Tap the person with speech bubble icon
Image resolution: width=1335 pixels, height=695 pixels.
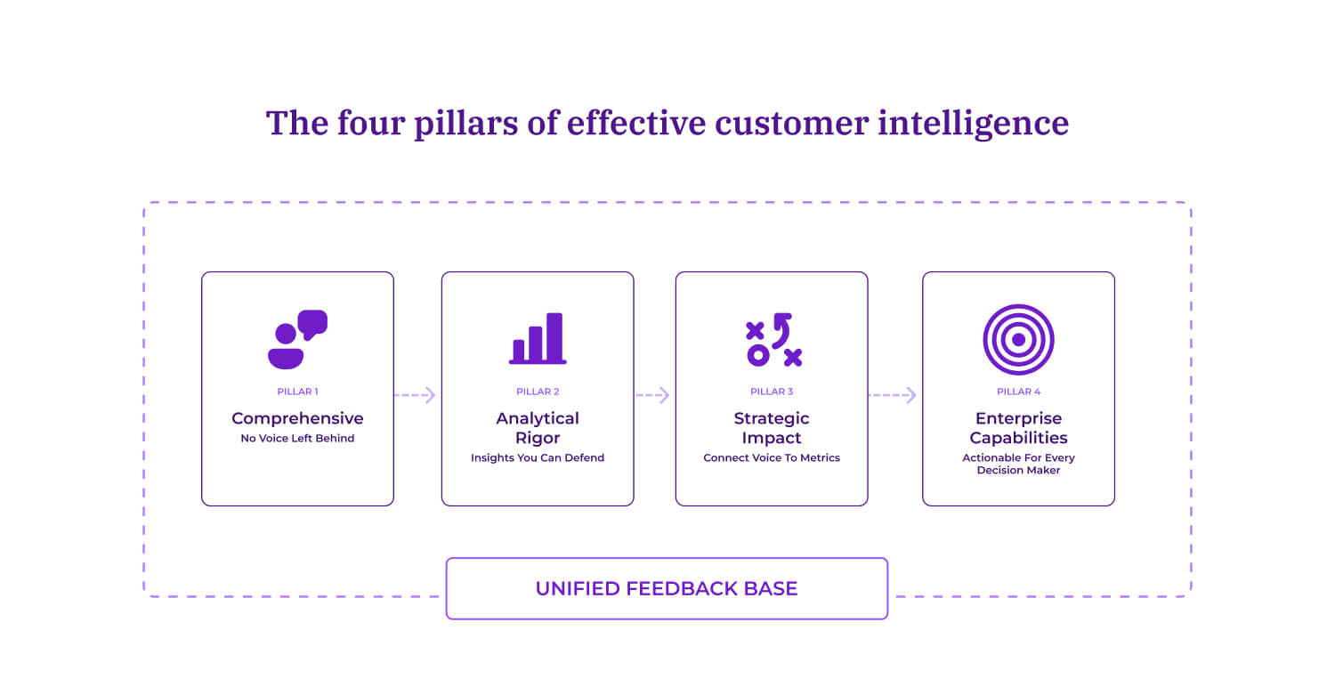coord(297,339)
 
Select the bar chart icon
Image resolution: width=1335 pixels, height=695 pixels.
coord(538,339)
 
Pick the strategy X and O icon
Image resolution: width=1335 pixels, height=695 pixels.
coord(773,339)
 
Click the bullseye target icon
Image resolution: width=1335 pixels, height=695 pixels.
coord(1018,339)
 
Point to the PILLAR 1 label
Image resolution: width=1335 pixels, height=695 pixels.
coord(297,392)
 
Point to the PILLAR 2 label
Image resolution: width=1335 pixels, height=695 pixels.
coord(538,392)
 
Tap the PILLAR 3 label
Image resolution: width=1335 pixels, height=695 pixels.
coord(772,392)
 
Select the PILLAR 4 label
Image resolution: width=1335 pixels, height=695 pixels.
coord(1018,392)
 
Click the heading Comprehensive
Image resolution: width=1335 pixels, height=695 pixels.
coord(297,418)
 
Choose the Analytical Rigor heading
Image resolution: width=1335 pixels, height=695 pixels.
coord(538,428)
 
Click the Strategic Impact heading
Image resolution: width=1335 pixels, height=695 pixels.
coord(772,428)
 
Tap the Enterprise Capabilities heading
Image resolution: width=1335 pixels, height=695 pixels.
coord(1018,428)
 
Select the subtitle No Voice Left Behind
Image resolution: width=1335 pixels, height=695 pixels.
coord(297,439)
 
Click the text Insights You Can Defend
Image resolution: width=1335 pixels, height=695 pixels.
coord(538,458)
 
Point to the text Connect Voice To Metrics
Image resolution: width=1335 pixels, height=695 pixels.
coord(772,458)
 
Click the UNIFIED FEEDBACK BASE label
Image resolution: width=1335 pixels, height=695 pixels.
coord(667,588)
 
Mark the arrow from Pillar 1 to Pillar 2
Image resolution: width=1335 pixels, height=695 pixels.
coord(417,395)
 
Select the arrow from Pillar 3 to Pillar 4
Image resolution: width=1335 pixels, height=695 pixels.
coord(894,395)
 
